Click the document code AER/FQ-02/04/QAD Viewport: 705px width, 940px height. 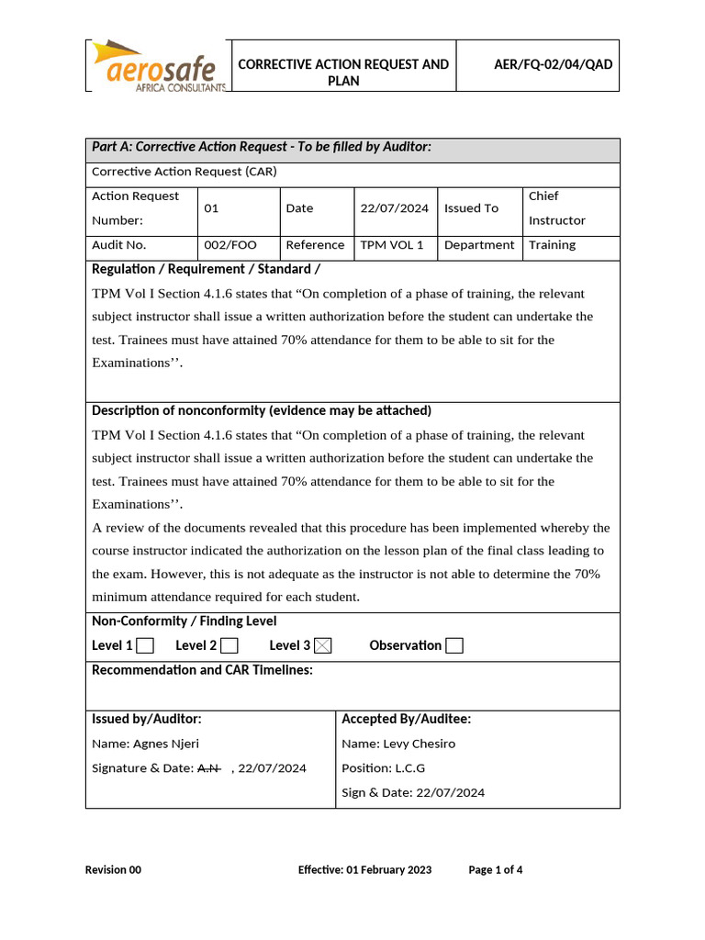pyautogui.click(x=553, y=64)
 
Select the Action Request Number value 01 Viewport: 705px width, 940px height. pyautogui.click(x=211, y=208)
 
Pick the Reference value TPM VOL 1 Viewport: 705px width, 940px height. pyautogui.click(x=392, y=245)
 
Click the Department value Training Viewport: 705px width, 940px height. pyautogui.click(x=552, y=245)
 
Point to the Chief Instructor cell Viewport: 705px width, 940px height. pyautogui.click(x=556, y=208)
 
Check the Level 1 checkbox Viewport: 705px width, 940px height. pyautogui.click(x=145, y=646)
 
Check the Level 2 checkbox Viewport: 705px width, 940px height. pyautogui.click(x=229, y=646)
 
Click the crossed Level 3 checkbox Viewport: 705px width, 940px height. pyautogui.click(x=322, y=646)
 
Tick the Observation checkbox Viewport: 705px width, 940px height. pyautogui.click(x=454, y=646)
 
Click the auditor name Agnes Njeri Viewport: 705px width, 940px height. pyautogui.click(x=165, y=744)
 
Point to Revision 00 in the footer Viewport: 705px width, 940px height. pyautogui.click(x=113, y=870)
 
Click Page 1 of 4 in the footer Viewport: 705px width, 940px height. pyautogui.click(x=496, y=870)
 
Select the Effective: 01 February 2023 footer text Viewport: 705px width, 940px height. pyautogui.click(x=364, y=870)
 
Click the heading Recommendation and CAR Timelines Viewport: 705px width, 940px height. pyautogui.click(x=202, y=670)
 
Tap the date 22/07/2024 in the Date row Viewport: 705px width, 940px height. pyautogui.click(x=394, y=208)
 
